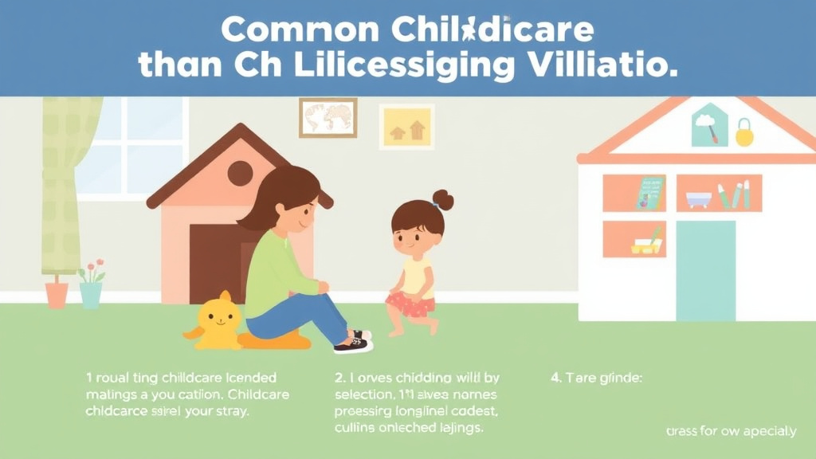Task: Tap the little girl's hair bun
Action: coord(442,199)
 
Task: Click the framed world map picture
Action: coord(328,117)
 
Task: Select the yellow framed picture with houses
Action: coord(406,127)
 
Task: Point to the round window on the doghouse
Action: coord(240,172)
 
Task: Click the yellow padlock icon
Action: coord(744,133)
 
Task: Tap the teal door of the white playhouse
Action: coord(705,270)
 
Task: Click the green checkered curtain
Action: coord(69,183)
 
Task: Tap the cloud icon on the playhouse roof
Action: coord(706,121)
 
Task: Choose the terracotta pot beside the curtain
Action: coord(57,294)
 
